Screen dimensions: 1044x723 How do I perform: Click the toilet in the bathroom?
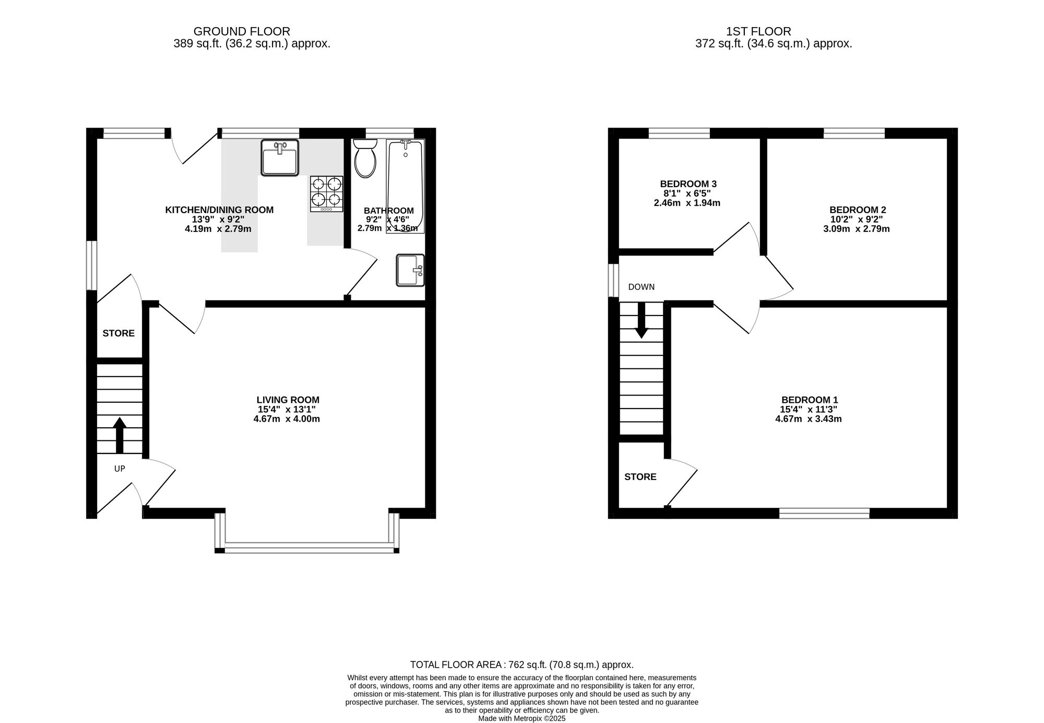coord(365,158)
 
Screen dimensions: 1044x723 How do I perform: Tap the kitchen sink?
coord(280,158)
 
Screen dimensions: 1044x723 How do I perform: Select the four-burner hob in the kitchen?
coord(327,194)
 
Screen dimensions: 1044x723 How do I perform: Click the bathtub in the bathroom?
coord(405,186)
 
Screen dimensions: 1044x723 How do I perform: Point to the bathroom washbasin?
coord(410,270)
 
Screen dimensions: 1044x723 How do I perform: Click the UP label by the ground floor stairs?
coord(120,469)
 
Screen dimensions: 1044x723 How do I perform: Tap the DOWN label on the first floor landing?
coord(642,287)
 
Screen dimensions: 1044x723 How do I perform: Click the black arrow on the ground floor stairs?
coord(120,435)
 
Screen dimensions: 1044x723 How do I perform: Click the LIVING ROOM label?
coord(288,400)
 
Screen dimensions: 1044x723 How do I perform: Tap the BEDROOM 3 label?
coord(688,184)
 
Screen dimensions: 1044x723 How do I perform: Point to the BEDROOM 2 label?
coord(858,210)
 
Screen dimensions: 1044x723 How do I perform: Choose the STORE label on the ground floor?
coord(118,333)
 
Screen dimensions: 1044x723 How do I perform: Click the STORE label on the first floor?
coord(640,477)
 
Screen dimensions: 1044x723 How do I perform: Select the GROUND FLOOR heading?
coord(242,32)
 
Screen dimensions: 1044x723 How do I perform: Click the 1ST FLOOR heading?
coord(758,32)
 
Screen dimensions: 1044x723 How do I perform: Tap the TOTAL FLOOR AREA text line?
coord(522,665)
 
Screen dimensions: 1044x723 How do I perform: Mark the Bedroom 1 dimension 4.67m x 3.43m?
coord(809,419)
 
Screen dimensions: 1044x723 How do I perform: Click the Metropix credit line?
coord(522,718)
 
